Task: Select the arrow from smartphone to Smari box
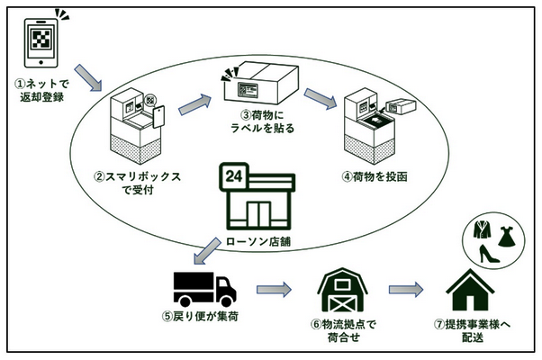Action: click(88, 78)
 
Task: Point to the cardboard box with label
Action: click(253, 85)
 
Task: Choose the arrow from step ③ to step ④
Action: click(319, 96)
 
